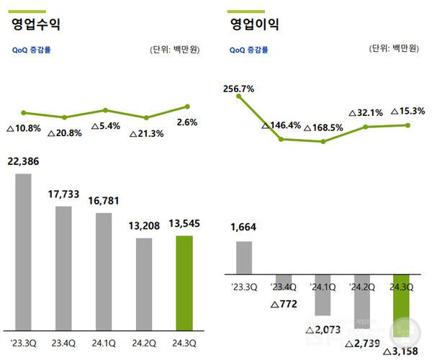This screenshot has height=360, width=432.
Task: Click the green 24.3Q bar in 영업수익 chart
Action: (184, 283)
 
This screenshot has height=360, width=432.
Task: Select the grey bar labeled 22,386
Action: (24, 252)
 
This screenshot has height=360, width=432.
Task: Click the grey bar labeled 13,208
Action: (144, 284)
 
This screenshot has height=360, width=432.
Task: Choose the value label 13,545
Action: (185, 225)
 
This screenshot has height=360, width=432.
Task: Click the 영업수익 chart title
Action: (35, 24)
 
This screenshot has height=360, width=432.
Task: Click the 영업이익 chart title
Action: (254, 24)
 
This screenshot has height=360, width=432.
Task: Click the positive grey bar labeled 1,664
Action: (244, 257)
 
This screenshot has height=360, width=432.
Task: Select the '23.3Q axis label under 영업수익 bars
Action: (24, 343)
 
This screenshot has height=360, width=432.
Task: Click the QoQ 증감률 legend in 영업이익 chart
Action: (249, 50)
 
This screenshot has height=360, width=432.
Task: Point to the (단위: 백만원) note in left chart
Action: (174, 50)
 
